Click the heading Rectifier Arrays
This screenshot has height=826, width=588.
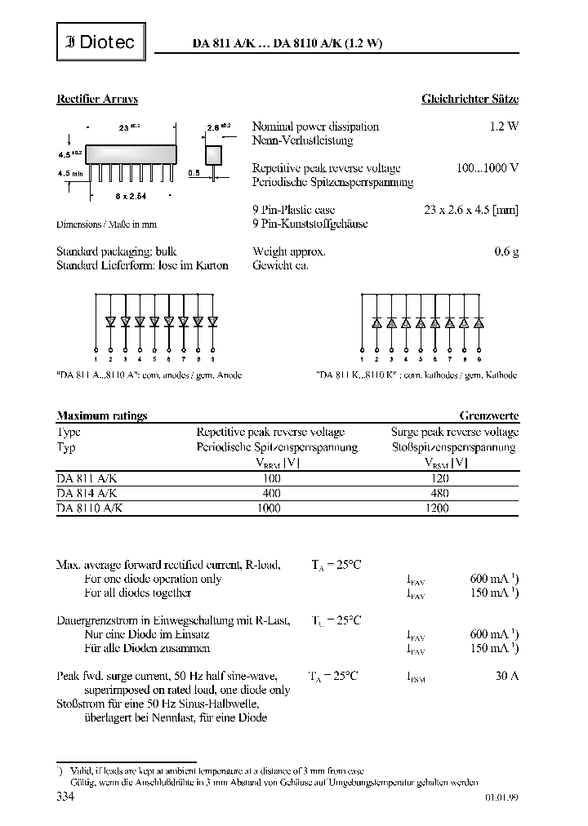pyautogui.click(x=97, y=99)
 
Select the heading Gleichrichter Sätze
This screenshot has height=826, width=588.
pyautogui.click(x=470, y=99)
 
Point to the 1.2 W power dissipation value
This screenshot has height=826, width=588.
pyautogui.click(x=504, y=127)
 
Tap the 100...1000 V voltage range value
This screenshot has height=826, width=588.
pyautogui.click(x=488, y=168)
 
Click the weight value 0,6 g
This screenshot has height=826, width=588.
pyautogui.click(x=506, y=252)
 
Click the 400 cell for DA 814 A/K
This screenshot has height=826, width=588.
pyautogui.click(x=272, y=493)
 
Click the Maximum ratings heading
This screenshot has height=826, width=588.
pyautogui.click(x=102, y=415)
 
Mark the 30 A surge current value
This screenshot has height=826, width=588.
pyautogui.click(x=506, y=675)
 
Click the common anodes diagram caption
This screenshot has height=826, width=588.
pyautogui.click(x=149, y=375)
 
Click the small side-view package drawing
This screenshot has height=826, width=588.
pyautogui.click(x=213, y=155)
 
